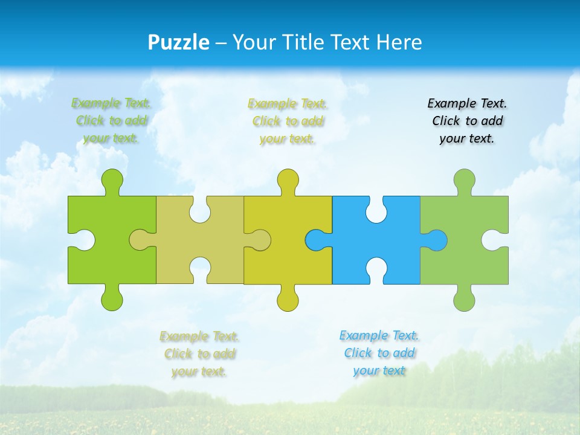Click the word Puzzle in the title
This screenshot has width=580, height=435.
tap(178, 42)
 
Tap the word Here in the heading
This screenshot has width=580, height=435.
tap(399, 42)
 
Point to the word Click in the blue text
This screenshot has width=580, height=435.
tap(357, 353)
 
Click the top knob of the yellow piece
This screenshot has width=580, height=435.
tap(288, 181)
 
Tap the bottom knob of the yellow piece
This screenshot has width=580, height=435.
tap(288, 298)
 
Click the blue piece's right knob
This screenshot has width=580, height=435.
tap(436, 240)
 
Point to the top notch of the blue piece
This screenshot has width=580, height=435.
tap(376, 208)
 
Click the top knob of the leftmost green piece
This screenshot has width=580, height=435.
tap(112, 181)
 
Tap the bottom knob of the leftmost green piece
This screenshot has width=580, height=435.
tap(112, 298)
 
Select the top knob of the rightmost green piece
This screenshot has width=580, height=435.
tap(464, 181)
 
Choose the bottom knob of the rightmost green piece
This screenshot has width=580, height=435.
tap(464, 298)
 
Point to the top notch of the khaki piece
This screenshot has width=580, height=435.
tap(199, 208)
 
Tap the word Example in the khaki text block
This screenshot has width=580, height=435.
tap(182, 336)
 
